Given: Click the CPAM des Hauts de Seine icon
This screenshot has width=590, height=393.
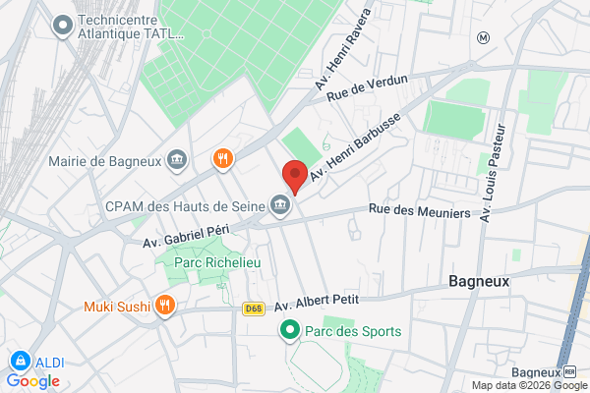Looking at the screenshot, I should point(280,205).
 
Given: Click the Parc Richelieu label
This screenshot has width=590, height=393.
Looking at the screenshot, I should point(208,262).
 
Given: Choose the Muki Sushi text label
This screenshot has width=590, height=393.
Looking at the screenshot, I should point(117,305).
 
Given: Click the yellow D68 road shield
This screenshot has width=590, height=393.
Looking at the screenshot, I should point(253,309).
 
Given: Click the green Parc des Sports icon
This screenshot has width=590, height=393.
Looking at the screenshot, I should point(289,331).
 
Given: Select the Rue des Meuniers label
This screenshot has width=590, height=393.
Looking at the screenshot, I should point(420,210).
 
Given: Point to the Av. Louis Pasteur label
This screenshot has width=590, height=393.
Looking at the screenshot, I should point(494,172).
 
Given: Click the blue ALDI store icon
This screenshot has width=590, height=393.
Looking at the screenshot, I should point(18,362).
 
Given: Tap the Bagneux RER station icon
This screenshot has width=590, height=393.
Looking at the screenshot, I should point(569,372).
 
